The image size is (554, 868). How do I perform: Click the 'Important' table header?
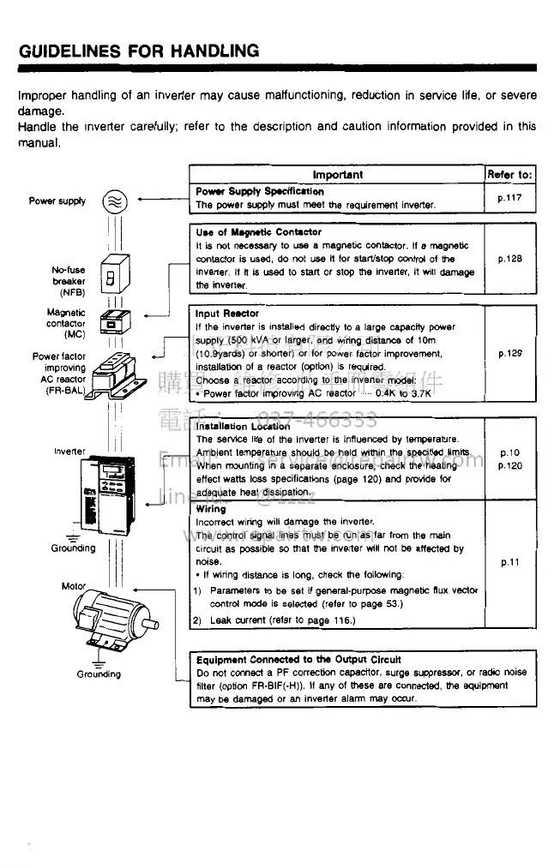(337, 174)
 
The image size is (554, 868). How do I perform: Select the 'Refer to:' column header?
(509, 174)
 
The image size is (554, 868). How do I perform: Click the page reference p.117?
(510, 198)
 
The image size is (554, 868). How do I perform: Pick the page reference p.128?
(510, 258)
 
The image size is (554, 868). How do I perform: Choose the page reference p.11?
(510, 562)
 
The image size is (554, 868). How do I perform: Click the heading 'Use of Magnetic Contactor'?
(258, 231)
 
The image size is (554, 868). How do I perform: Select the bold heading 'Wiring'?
(211, 508)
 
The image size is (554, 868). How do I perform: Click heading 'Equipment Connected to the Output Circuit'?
(298, 659)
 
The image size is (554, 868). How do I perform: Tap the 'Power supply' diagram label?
(57, 201)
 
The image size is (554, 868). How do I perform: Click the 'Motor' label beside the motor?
(74, 586)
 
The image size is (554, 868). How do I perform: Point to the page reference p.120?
(510, 466)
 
